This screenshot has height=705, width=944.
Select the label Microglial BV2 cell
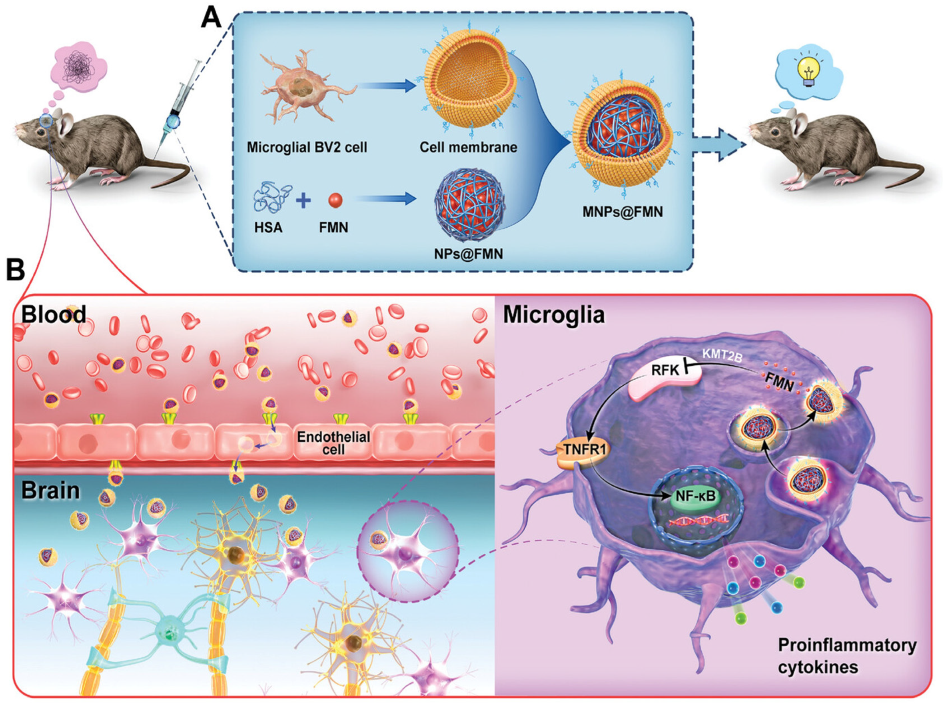[307, 147]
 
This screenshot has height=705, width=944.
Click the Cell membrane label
[468, 147]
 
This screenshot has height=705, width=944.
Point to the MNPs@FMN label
[623, 212]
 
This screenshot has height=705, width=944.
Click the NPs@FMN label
[468, 254]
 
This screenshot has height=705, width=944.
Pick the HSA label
[268, 227]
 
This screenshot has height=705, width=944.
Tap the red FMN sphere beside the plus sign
[335, 200]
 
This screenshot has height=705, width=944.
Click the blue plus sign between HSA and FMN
[303, 200]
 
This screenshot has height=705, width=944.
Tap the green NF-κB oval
[695, 496]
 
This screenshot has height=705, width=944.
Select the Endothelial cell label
[333, 443]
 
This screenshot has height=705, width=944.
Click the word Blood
[54, 314]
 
